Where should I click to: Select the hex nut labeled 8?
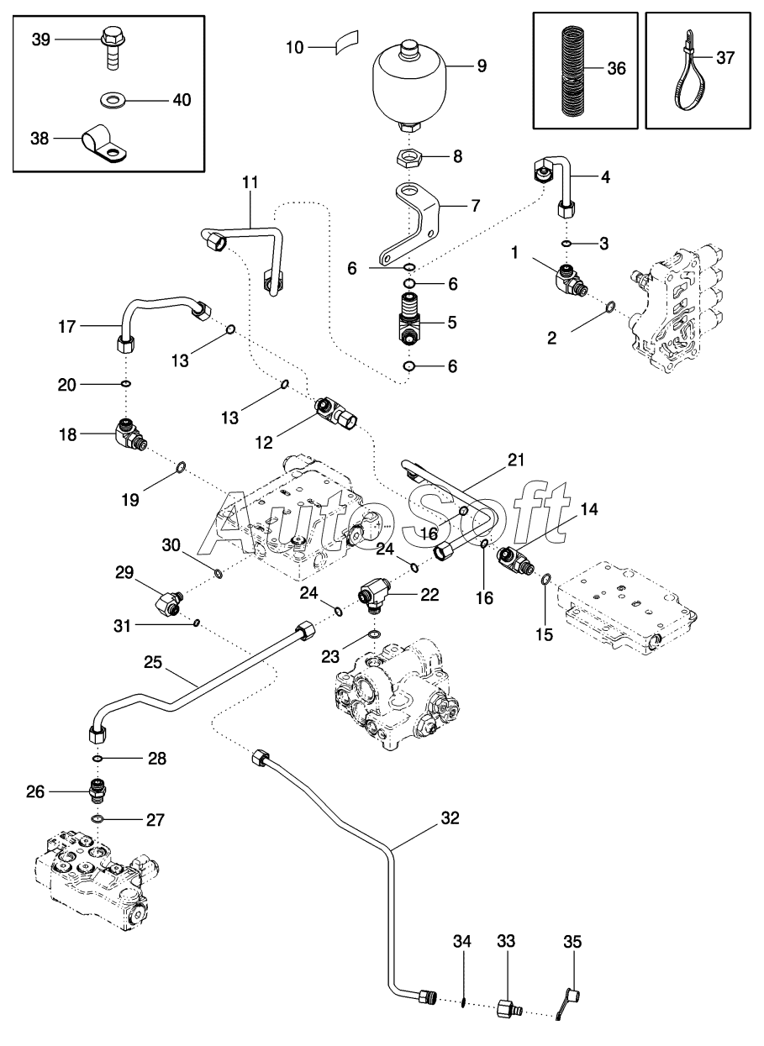[409, 156]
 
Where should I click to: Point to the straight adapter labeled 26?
[99, 791]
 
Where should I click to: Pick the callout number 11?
[250, 182]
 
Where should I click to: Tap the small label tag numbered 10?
[345, 43]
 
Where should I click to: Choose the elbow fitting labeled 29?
[169, 602]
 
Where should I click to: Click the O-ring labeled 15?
[545, 579]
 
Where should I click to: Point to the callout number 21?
[515, 458]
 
